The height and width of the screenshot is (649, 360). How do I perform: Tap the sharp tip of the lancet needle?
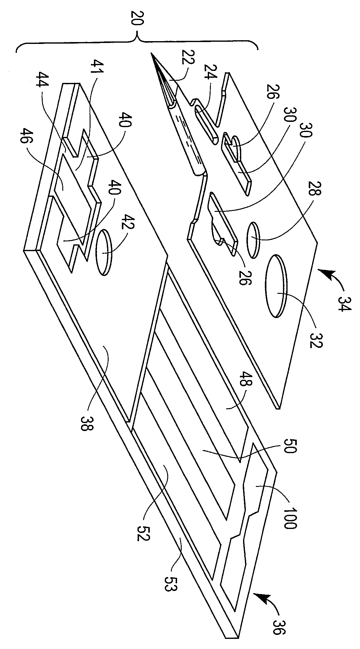pyautogui.click(x=151, y=53)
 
